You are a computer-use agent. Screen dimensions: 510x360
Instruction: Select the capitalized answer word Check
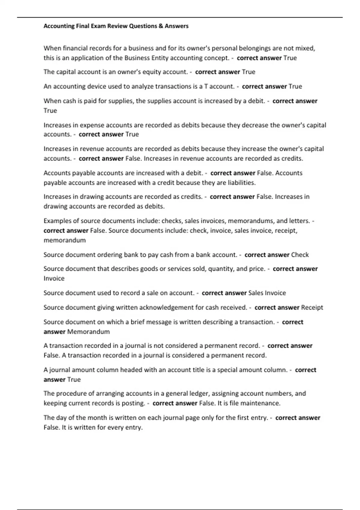(300, 255)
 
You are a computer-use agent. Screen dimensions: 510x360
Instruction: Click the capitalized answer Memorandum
(88, 332)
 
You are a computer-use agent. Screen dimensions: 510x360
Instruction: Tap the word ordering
(102, 255)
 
